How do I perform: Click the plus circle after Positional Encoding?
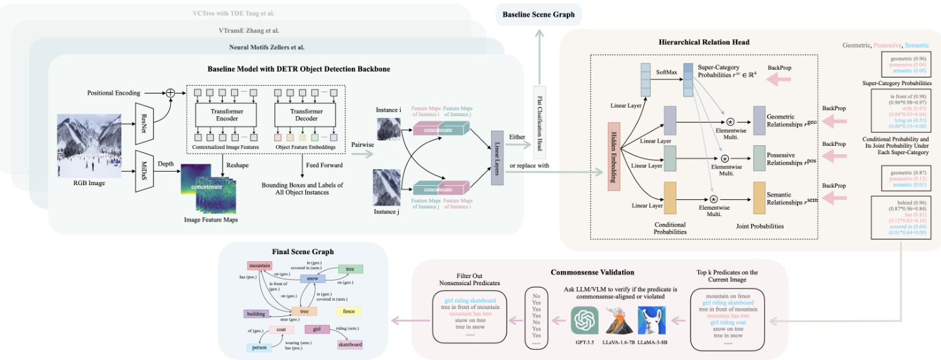coord(170,92)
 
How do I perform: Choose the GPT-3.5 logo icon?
coord(585,320)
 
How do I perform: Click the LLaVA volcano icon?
coord(618,320)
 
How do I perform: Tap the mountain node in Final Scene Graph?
coord(259,265)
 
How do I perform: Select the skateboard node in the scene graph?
coord(349,345)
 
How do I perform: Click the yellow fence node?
coord(349,312)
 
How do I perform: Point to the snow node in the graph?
coord(312,279)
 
